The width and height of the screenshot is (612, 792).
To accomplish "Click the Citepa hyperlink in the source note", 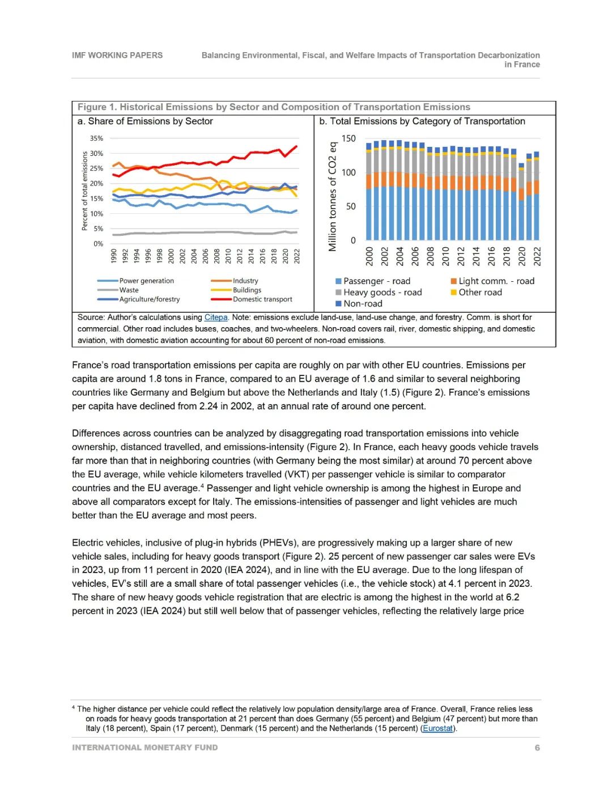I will pos(216,317).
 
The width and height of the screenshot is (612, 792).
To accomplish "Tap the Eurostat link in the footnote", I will pos(437,729).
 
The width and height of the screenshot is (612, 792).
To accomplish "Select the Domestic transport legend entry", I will pos(262,299).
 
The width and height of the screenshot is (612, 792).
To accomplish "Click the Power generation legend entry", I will pos(146,281).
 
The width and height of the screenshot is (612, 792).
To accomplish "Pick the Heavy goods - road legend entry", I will pos(382,293).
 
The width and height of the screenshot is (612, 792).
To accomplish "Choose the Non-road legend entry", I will pos(363,304).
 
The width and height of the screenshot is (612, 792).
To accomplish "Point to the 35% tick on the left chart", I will pos(96,138).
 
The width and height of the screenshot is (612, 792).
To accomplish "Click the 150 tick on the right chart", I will pos(348,139).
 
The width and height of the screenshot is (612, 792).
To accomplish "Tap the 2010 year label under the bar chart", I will pos(445,256).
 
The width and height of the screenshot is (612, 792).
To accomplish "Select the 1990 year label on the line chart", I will pos(114,256).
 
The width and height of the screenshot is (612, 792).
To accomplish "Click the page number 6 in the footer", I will pos(537,748).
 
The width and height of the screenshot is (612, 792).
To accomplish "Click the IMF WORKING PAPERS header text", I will pos(117,56).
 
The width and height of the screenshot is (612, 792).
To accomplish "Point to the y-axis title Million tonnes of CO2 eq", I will pos(333,196).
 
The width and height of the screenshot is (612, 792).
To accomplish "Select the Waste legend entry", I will pos(129,290).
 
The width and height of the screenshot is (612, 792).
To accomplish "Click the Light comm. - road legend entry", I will pos(496,281).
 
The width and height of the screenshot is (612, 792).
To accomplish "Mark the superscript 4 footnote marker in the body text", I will pos(202,486).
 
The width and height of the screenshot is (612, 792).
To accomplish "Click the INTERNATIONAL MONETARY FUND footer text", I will pos(144,748).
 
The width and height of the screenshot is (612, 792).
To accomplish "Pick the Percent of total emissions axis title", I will pos(85,190).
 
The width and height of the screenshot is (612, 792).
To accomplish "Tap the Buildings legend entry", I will pos(247,290).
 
